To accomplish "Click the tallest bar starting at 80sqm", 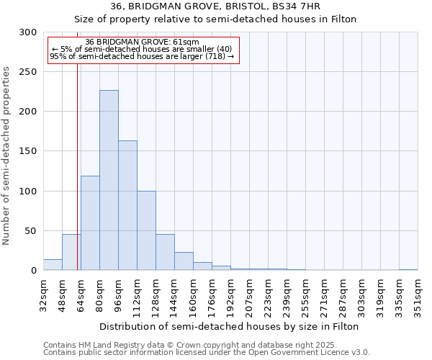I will pyautogui.click(x=109, y=180).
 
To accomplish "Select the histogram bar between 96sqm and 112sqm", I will pyautogui.click(x=127, y=205).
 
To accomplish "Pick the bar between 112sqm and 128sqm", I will pyautogui.click(x=146, y=230).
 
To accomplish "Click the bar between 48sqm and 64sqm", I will pyautogui.click(x=71, y=253).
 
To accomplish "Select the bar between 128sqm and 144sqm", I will pyautogui.click(x=165, y=253).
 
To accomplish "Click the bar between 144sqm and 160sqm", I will pyautogui.click(x=184, y=261).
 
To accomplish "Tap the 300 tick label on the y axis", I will pyautogui.click(x=28, y=32).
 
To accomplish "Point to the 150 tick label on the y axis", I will pyautogui.click(x=28, y=151).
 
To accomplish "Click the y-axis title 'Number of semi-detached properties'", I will pyautogui.click(x=6, y=156).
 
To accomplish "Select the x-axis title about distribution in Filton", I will pyautogui.click(x=230, y=326).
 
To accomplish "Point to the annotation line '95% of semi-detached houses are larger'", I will pyautogui.click(x=142, y=56).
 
